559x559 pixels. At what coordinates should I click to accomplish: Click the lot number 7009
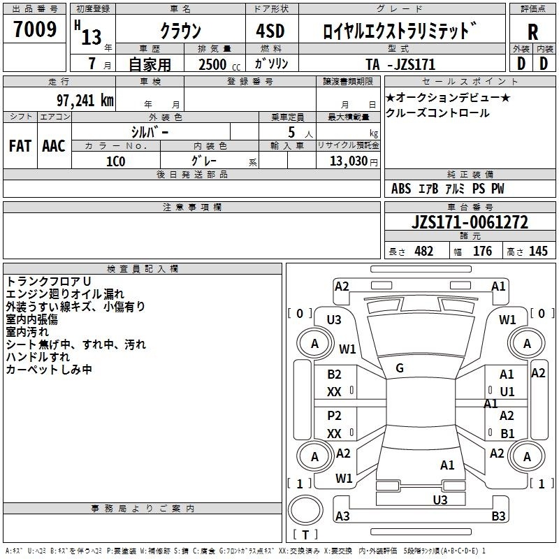[35, 29]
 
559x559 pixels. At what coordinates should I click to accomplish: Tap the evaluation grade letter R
[532, 32]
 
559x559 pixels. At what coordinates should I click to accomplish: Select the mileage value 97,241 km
[85, 101]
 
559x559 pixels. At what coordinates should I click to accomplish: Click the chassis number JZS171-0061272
[470, 222]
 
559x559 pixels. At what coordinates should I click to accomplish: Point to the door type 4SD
[270, 31]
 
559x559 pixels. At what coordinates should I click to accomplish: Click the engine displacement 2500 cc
[219, 64]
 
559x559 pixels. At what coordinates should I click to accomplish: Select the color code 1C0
[116, 161]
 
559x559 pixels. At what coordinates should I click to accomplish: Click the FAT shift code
[20, 146]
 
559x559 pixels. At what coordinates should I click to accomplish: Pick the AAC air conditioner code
[54, 146]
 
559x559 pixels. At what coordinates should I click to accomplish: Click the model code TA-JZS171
[400, 64]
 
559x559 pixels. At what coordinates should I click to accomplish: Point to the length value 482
[424, 251]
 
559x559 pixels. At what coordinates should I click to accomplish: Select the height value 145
[538, 251]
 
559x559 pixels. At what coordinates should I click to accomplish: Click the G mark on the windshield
[400, 368]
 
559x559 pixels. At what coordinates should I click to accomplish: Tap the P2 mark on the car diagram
[334, 416]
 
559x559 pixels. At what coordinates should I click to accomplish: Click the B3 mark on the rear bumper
[498, 516]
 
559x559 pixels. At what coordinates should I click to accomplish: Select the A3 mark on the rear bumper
[342, 516]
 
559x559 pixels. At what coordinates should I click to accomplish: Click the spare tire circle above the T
[305, 510]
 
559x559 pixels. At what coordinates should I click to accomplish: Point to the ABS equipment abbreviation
[401, 189]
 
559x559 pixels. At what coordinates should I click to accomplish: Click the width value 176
[482, 251]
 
